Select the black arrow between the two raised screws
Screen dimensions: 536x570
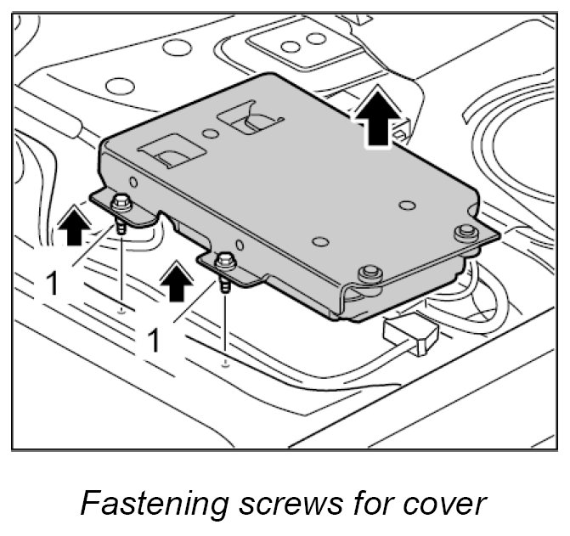coord(177,279)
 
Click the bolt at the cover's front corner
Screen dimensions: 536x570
coord(368,274)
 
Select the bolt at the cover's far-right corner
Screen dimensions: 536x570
coord(464,234)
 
